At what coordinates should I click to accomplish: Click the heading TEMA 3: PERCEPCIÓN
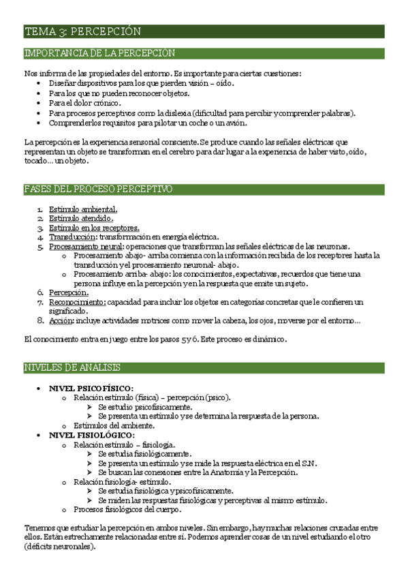click(x=82, y=31)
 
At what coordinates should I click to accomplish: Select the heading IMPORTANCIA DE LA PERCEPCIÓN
click(x=99, y=53)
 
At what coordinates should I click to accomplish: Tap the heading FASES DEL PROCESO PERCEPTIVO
click(x=98, y=189)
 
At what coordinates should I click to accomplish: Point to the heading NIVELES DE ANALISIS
click(x=72, y=368)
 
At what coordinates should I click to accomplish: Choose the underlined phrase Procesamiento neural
click(x=86, y=246)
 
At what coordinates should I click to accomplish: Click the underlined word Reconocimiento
click(x=77, y=301)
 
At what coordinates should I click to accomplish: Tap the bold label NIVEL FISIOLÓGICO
click(x=92, y=434)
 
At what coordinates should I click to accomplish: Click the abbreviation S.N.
click(x=308, y=463)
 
